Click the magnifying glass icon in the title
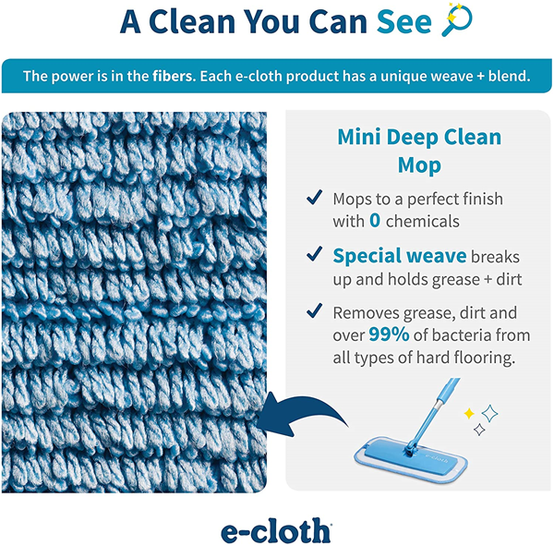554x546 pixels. pos(457,19)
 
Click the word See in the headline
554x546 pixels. pos(404,21)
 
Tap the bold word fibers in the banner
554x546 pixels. pos(174,76)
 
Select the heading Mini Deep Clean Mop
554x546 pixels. pos(419,151)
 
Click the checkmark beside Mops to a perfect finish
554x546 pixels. pos(315,197)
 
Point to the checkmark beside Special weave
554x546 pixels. pos(315,254)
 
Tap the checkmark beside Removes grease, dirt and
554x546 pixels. pos(315,310)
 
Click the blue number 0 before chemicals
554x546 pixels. pos(375,220)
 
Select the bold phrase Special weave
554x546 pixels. pos(400,256)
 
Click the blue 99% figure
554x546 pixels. pos(389,334)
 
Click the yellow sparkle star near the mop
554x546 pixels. pos(469,413)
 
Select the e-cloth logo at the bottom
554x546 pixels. pos(276,530)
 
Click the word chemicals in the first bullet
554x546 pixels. pos(423,222)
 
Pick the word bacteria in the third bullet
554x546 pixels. pos(460,334)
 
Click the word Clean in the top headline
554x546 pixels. pos(192,21)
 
